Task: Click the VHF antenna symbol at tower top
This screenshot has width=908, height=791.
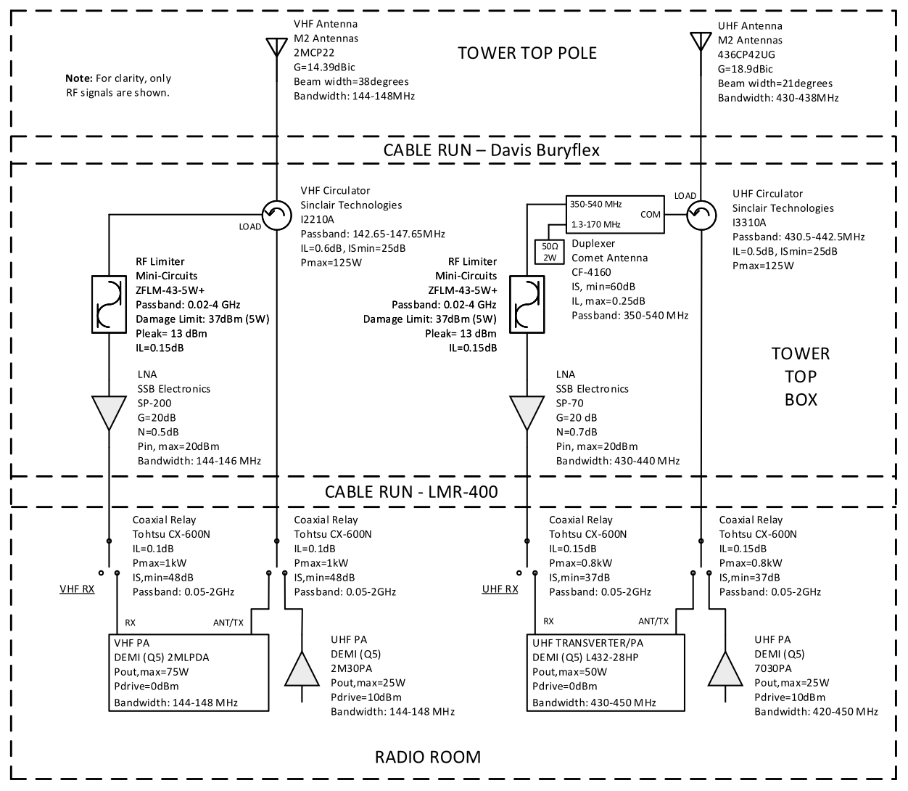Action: [x=276, y=46]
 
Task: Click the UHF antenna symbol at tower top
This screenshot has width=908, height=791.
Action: [x=700, y=40]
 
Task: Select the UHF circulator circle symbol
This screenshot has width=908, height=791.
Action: [x=700, y=214]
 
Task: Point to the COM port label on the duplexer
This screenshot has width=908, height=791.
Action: [x=651, y=215]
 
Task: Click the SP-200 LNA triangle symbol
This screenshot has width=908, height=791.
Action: [x=108, y=412]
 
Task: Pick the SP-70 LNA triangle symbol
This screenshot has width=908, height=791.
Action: [x=527, y=412]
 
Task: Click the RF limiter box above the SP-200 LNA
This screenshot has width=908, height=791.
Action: [x=108, y=304]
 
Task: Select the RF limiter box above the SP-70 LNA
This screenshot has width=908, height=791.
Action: [x=527, y=304]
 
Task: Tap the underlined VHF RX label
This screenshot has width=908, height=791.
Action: [x=77, y=589]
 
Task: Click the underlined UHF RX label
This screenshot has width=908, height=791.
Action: [x=500, y=589]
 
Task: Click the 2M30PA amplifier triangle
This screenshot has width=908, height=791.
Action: [x=302, y=670]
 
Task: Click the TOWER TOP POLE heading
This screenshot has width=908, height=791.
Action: [x=527, y=53]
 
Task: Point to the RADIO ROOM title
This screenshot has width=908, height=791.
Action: [x=427, y=758]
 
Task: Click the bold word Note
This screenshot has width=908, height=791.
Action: [x=78, y=78]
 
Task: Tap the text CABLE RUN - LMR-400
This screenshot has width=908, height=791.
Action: [x=411, y=492]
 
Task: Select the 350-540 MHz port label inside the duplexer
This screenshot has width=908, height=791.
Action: [x=596, y=205]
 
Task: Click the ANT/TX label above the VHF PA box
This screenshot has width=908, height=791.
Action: [x=228, y=622]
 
